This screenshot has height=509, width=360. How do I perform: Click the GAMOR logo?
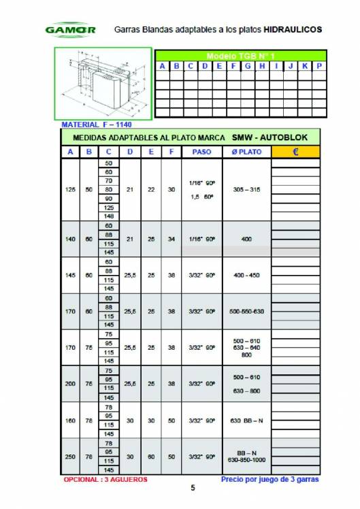coord(70,30)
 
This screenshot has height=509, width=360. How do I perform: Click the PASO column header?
coord(201,152)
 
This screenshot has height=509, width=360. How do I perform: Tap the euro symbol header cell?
coord(295,152)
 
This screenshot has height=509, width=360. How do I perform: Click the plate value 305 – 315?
coord(246,190)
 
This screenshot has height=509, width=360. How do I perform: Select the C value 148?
coord(109,216)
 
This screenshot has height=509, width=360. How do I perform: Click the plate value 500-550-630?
coord(246,311)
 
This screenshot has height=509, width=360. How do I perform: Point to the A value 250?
coord(71,456)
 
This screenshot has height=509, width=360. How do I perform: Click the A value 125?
coord(71,190)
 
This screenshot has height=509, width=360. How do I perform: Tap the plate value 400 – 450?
coord(246,275)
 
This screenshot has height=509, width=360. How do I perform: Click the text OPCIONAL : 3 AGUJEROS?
coord(105,479)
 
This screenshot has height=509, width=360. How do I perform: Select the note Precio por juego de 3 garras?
coord(270,479)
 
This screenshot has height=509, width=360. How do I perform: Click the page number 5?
coord(193,488)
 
